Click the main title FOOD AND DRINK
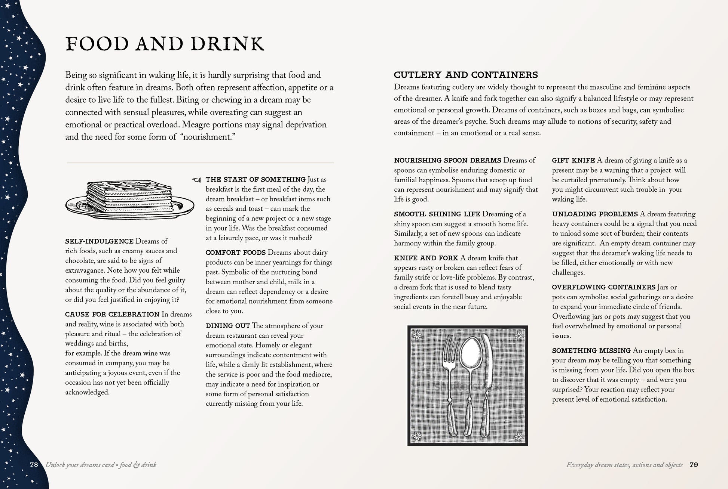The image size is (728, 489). pos(165,44)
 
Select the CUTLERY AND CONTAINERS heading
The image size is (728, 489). pos(466,75)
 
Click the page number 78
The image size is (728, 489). pos(34,465)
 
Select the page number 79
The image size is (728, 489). pos(694,465)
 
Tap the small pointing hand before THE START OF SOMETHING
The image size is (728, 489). pos(196,180)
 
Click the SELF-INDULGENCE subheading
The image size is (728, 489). pos(99,241)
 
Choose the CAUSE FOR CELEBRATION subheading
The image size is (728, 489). pos(112,315)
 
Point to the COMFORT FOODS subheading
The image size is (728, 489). pos(235,253)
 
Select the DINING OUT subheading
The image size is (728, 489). pos(228,326)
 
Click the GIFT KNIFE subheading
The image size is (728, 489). pos(573,161)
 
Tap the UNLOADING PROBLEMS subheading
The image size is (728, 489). pos(595,214)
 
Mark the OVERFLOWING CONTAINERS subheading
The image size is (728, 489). pos(603,288)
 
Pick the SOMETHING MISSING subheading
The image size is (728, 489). pos(591,351)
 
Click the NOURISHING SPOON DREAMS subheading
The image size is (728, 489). pos(447,161)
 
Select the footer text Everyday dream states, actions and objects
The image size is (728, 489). pos(624,465)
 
